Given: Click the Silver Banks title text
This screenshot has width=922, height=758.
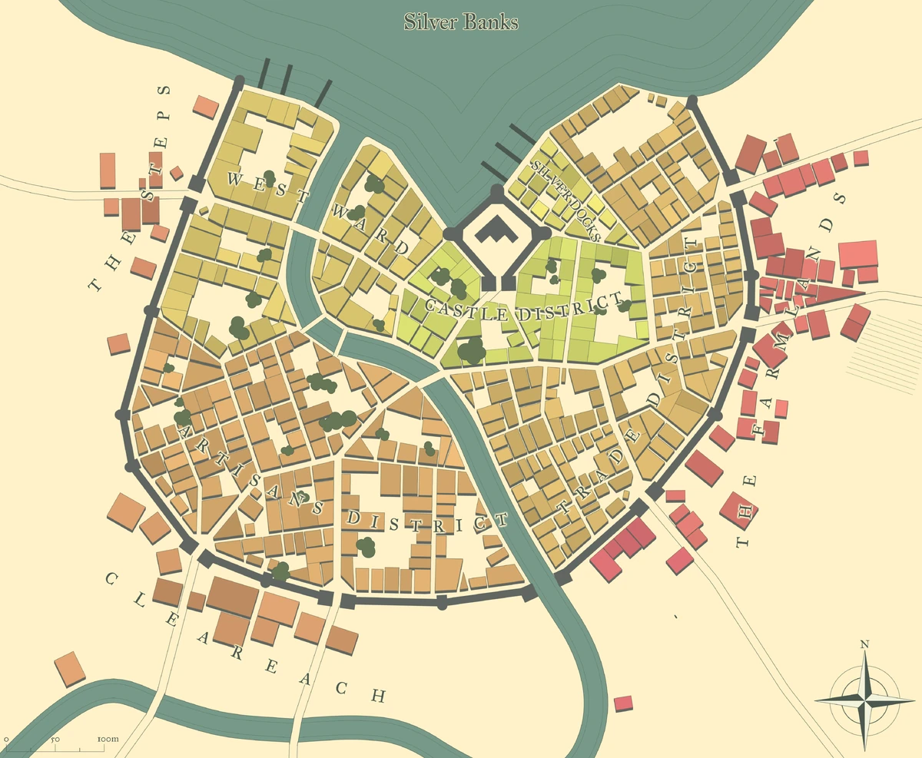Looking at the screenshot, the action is pyautogui.click(x=461, y=22).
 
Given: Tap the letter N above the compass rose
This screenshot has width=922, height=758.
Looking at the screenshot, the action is pyautogui.click(x=864, y=644).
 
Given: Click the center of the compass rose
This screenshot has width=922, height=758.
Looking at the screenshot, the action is pyautogui.click(x=864, y=700).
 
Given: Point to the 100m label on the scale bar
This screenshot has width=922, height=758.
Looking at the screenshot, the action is pyautogui.click(x=108, y=739).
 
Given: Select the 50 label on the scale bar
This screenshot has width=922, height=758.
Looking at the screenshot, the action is pyautogui.click(x=55, y=739).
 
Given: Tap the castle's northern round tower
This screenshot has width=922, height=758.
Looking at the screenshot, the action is pyautogui.click(x=496, y=189).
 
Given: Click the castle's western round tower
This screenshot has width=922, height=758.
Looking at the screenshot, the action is pyautogui.click(x=449, y=233).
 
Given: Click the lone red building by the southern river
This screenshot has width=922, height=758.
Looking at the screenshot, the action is pyautogui.click(x=624, y=703).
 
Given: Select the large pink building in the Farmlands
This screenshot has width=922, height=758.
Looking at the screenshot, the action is pyautogui.click(x=857, y=254).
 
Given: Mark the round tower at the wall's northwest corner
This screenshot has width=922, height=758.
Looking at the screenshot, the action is pyautogui.click(x=238, y=81).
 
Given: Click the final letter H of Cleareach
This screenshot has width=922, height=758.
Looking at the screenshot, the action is pyautogui.click(x=377, y=696).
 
